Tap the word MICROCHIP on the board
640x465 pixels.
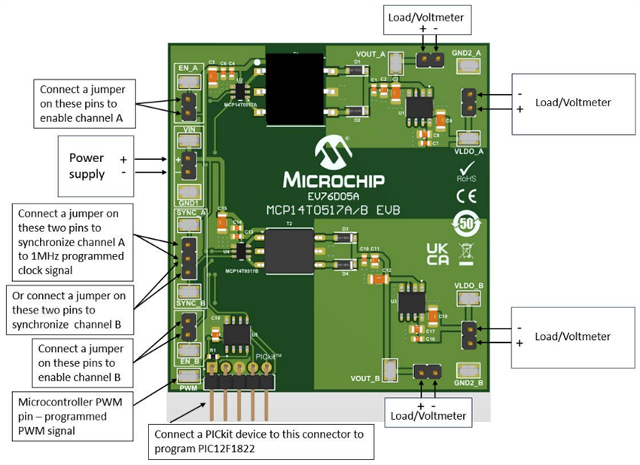(334, 181)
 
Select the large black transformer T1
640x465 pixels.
(294, 89)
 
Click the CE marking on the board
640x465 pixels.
(466, 198)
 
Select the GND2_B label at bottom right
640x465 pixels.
(467, 383)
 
